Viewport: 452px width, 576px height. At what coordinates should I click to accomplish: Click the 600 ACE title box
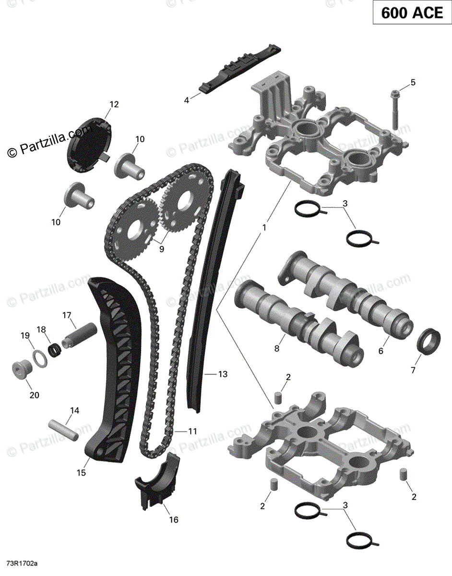[412, 13]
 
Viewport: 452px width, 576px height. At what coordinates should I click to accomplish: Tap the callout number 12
[114, 104]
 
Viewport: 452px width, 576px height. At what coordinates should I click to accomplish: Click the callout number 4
[187, 100]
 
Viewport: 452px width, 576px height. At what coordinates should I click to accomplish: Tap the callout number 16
[173, 519]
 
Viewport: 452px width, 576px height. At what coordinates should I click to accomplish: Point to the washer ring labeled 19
[40, 356]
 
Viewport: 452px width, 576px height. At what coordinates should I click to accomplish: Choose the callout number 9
[161, 249]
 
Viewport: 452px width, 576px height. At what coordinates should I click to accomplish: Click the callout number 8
[276, 349]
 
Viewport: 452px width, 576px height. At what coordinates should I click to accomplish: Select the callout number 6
[381, 351]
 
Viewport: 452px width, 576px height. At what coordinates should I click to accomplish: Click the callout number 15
[81, 473]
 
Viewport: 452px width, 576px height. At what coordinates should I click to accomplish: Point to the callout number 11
[192, 432]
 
